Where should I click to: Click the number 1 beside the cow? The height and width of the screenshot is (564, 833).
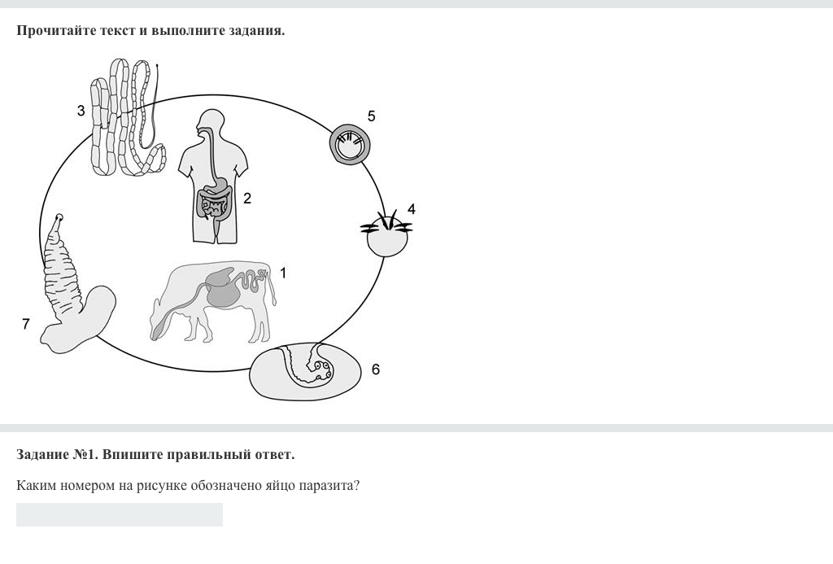pyautogui.click(x=283, y=273)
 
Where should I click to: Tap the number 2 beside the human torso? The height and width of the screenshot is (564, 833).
pyautogui.click(x=247, y=199)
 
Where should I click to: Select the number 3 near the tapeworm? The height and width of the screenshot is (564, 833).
pyautogui.click(x=81, y=111)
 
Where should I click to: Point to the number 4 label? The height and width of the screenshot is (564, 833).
pyautogui.click(x=411, y=209)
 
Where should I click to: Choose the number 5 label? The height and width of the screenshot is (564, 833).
pyautogui.click(x=371, y=116)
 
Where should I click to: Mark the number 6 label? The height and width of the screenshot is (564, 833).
pyautogui.click(x=376, y=369)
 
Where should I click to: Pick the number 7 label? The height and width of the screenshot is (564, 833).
pyautogui.click(x=25, y=323)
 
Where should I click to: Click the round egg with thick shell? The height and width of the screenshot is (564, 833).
pyautogui.click(x=350, y=145)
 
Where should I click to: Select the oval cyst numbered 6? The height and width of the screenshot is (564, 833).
pyautogui.click(x=306, y=371)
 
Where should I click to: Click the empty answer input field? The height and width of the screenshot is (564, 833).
pyautogui.click(x=120, y=514)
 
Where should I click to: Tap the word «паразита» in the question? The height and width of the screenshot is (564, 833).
pyautogui.click(x=329, y=486)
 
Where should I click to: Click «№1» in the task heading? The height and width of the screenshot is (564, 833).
pyautogui.click(x=85, y=454)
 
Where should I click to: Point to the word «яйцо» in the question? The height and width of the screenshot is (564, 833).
pyautogui.click(x=280, y=486)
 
